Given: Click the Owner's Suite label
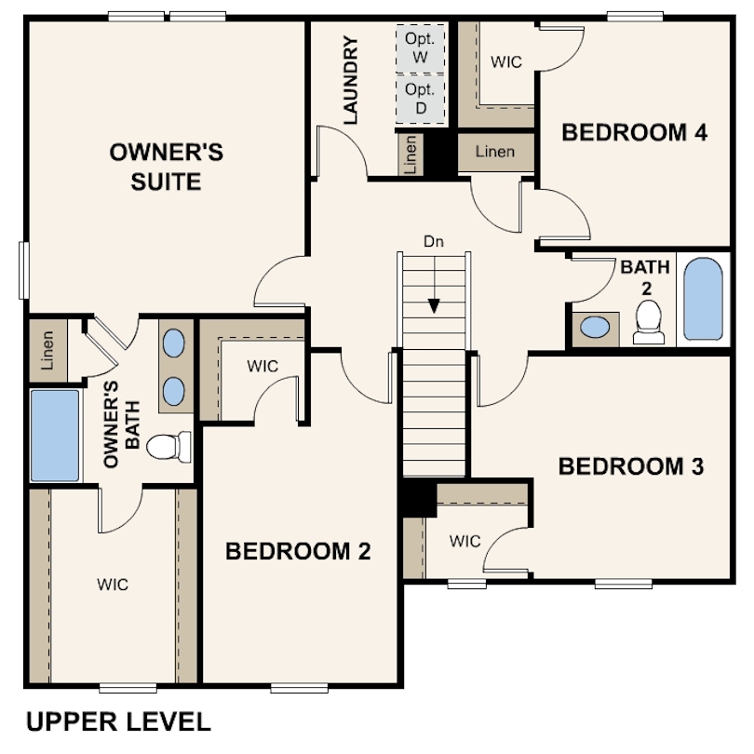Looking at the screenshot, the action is click(167, 167).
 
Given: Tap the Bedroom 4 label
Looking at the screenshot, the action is click(634, 132).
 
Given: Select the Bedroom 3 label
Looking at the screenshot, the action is click(631, 466).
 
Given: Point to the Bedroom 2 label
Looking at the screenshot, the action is click(298, 551).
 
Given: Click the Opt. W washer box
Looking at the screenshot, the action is click(420, 47).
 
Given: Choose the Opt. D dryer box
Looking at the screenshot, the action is click(420, 99).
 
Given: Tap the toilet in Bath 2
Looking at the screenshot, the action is click(648, 322).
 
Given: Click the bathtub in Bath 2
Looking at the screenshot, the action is click(703, 299).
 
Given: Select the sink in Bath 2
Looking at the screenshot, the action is click(595, 328).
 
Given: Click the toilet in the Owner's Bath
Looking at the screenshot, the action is click(168, 447).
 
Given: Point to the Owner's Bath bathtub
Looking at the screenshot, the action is click(55, 436).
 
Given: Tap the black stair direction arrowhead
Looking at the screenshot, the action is click(434, 306).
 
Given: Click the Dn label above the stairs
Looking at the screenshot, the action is click(434, 241).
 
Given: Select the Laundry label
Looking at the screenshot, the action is click(351, 80).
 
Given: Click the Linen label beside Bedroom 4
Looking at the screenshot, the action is click(495, 152).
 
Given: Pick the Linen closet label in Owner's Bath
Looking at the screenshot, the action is click(47, 350).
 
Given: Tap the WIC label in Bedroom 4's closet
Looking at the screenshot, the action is click(505, 61).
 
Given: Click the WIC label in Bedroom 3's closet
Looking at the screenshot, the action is click(465, 541).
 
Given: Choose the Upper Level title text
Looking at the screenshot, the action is click(118, 721).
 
